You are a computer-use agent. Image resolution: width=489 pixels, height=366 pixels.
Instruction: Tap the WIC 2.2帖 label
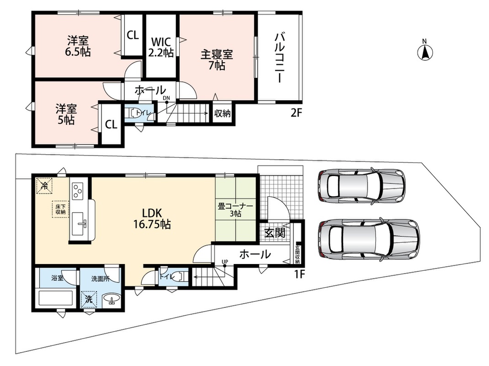[x=160, y=47]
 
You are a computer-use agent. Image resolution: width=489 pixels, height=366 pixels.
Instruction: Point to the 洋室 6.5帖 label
[x=78, y=46]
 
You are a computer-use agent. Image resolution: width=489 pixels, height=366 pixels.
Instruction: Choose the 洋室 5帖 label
[x=66, y=114]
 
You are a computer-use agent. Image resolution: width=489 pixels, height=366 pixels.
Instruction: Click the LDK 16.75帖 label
[x=152, y=219]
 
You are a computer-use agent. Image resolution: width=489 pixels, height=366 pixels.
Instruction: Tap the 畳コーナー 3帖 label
[x=235, y=210]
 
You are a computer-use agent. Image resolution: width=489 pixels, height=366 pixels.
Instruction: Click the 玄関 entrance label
[x=275, y=233]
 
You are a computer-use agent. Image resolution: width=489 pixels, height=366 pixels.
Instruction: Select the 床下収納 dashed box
[x=60, y=209]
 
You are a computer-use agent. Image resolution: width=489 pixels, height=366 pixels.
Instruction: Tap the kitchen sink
[x=78, y=224]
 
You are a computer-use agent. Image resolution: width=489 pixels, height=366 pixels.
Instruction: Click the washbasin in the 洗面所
[x=112, y=299]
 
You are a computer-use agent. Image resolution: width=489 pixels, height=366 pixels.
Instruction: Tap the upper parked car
[x=362, y=187]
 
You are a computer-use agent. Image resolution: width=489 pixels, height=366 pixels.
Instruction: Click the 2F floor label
[x=297, y=113]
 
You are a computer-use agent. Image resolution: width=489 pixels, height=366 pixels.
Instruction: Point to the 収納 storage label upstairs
[x=223, y=113]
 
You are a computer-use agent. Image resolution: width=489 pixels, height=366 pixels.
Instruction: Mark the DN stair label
[x=166, y=98]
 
